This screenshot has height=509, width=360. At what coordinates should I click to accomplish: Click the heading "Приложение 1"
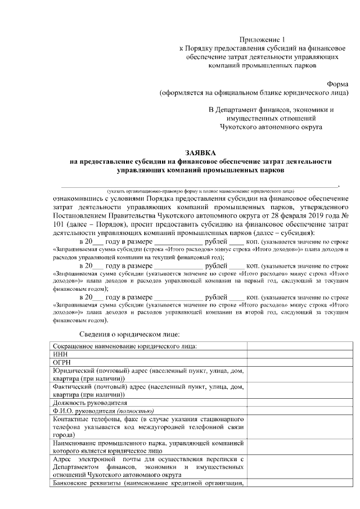tap(263, 39)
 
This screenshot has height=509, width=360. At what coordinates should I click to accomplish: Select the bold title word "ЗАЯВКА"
tap(200, 153)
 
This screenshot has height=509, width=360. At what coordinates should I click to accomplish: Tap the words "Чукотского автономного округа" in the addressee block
tap(271, 128)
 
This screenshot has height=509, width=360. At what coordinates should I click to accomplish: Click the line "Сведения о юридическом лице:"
tap(129, 334)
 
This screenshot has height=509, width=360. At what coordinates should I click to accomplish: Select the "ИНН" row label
tap(59, 354)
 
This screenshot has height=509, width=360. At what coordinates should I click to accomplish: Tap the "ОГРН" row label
tap(61, 363)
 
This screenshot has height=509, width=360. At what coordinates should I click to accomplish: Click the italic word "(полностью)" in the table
tap(134, 411)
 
